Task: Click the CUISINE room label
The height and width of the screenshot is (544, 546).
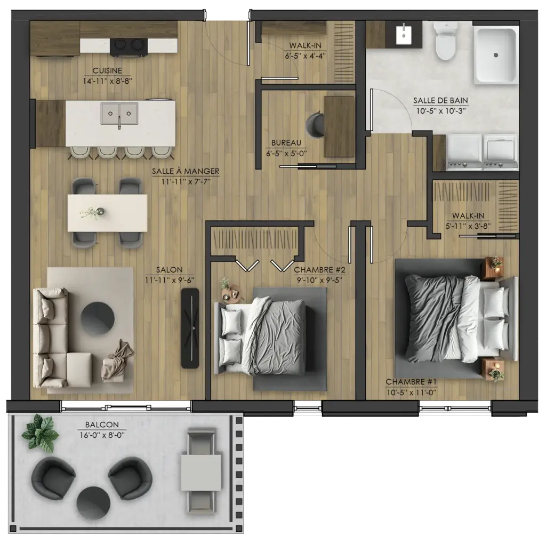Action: [x=107, y=70]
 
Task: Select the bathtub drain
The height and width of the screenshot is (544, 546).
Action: [x=495, y=55]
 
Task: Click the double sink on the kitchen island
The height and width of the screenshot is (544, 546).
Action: [x=119, y=114]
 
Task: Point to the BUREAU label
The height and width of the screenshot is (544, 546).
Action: [x=286, y=142]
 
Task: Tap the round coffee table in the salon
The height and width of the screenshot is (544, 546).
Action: [x=98, y=318]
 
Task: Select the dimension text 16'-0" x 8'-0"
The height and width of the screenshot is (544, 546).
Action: [x=102, y=435]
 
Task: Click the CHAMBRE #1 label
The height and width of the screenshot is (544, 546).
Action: [x=411, y=382]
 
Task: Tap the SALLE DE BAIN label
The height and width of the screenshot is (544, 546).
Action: [x=440, y=100]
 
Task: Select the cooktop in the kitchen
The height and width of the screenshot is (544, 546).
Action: [x=129, y=47]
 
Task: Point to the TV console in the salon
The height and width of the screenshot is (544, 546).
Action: [x=190, y=328]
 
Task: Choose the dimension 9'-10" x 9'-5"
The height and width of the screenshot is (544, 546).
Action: [x=320, y=280]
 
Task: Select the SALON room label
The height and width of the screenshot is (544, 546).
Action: [x=169, y=269]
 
